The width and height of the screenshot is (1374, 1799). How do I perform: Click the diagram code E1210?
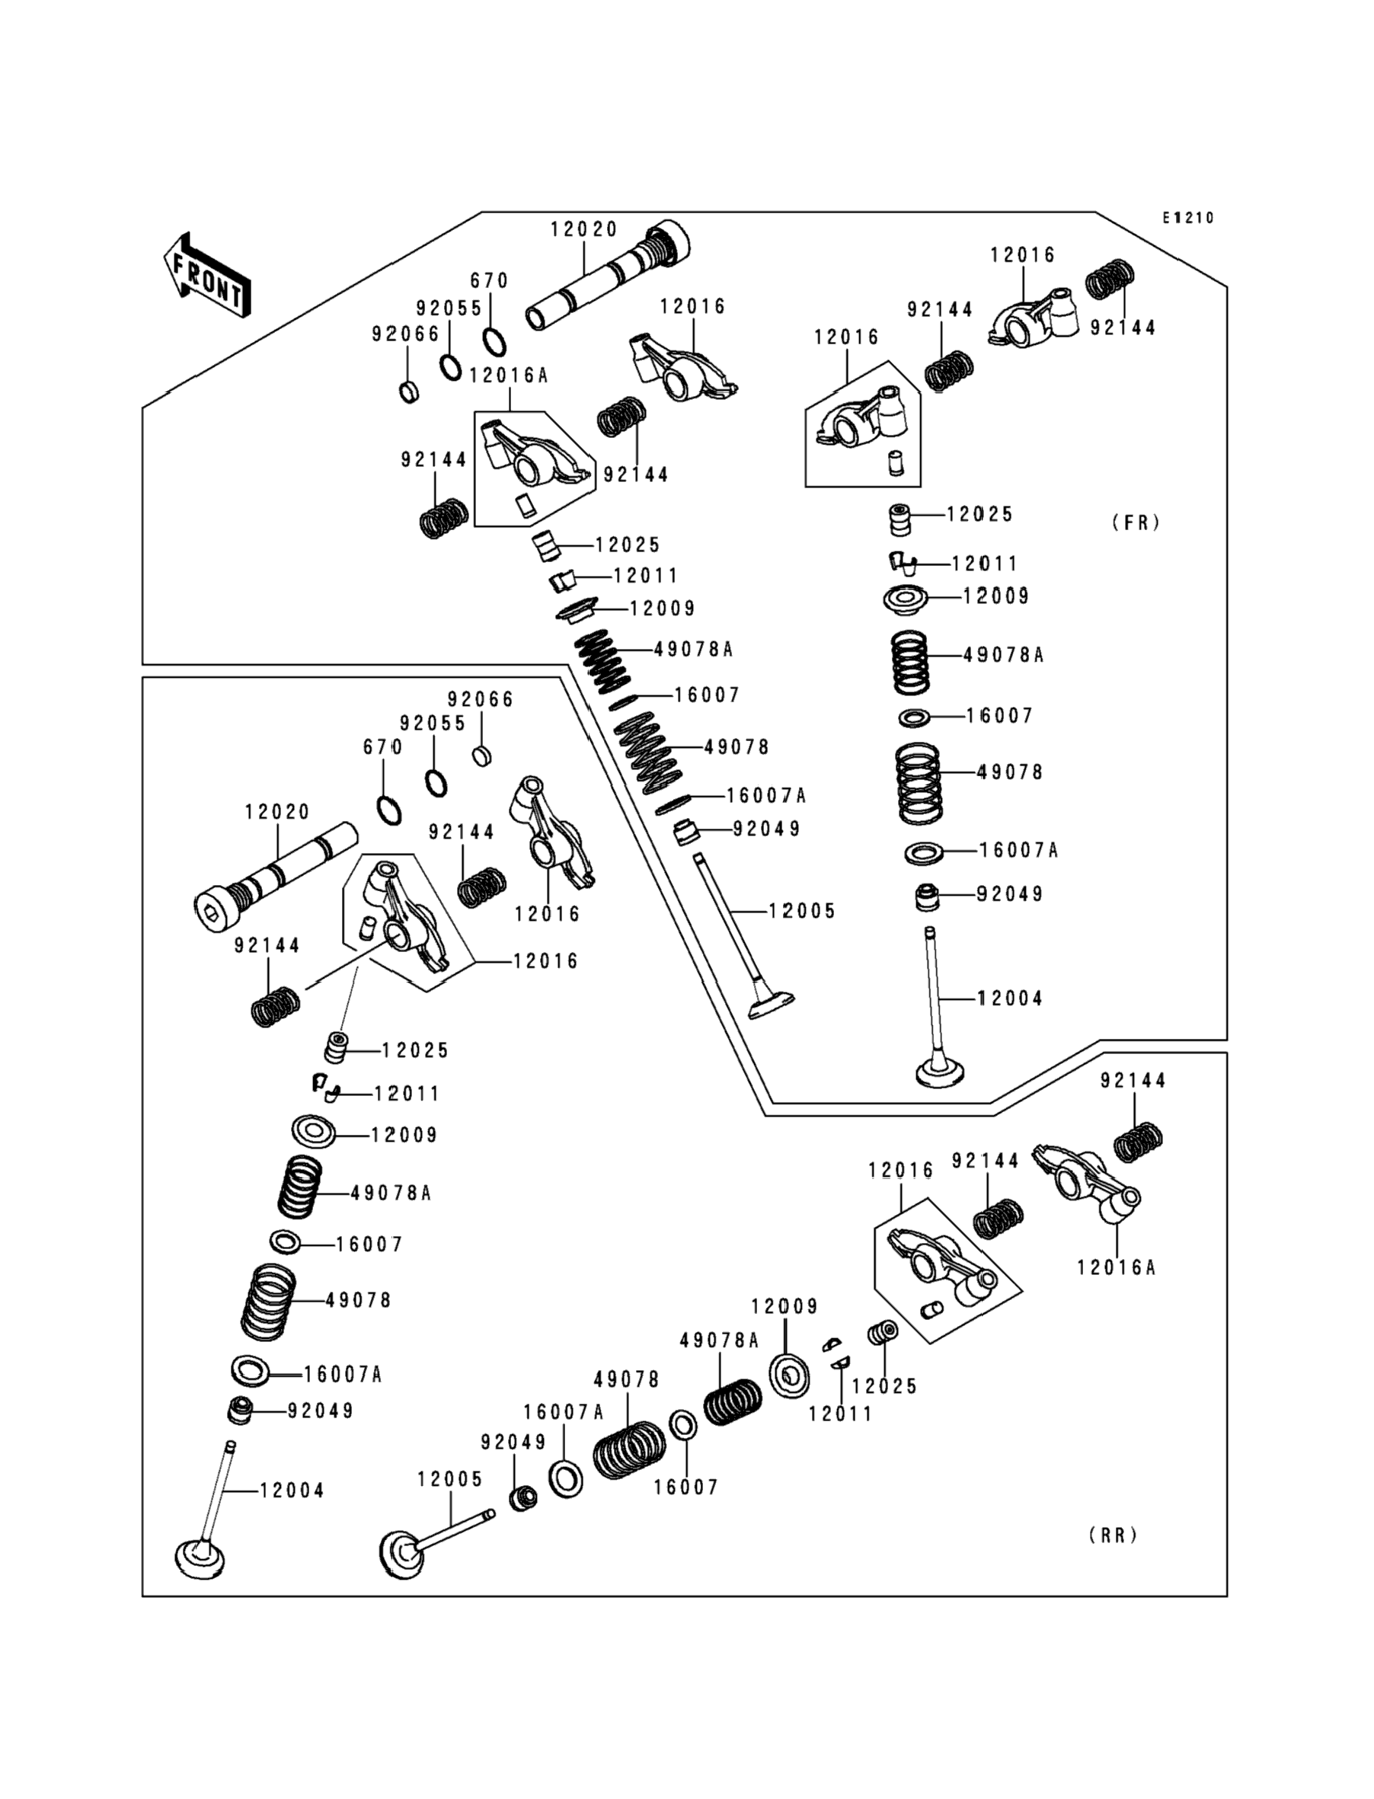tap(1188, 219)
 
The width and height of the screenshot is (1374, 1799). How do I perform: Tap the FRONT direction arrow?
tap(207, 276)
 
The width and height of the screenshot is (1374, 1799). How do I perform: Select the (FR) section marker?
tap(1136, 522)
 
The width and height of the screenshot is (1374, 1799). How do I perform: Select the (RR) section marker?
tap(1113, 1535)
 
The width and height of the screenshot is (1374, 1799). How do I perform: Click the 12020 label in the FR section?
tap(583, 230)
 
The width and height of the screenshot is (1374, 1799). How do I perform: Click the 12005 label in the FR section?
tap(801, 911)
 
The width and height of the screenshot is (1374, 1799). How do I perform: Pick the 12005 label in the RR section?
tap(450, 1479)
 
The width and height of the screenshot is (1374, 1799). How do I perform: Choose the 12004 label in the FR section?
tap(1010, 999)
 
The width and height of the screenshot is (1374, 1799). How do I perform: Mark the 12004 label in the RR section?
tap(292, 1491)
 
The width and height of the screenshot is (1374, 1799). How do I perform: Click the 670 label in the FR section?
tap(489, 280)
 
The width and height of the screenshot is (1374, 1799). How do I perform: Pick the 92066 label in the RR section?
tap(480, 699)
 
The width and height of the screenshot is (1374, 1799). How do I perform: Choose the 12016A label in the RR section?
tap(1116, 1267)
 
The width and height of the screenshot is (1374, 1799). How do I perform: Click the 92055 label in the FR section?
tap(449, 308)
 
